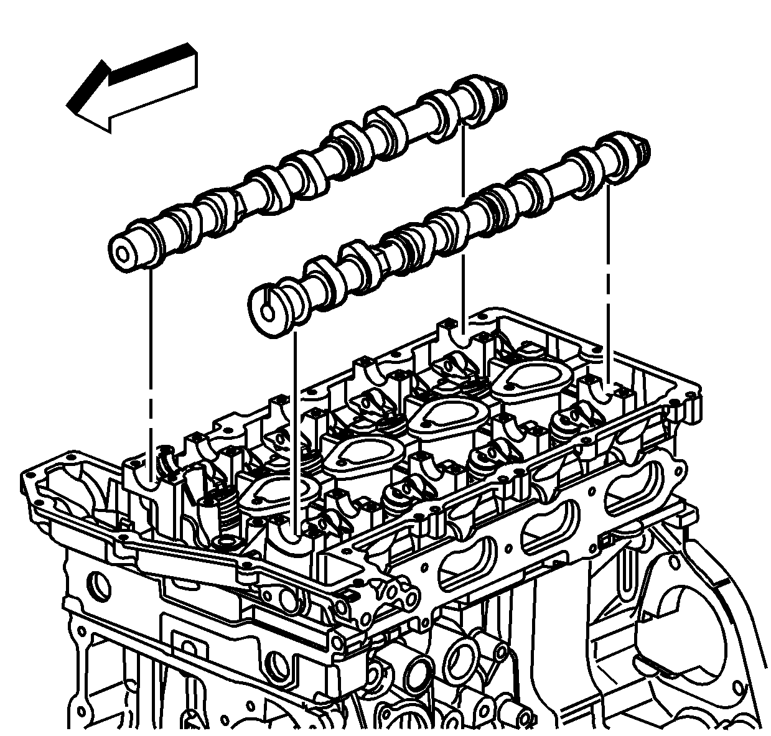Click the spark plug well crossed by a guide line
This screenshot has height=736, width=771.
(274, 495)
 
